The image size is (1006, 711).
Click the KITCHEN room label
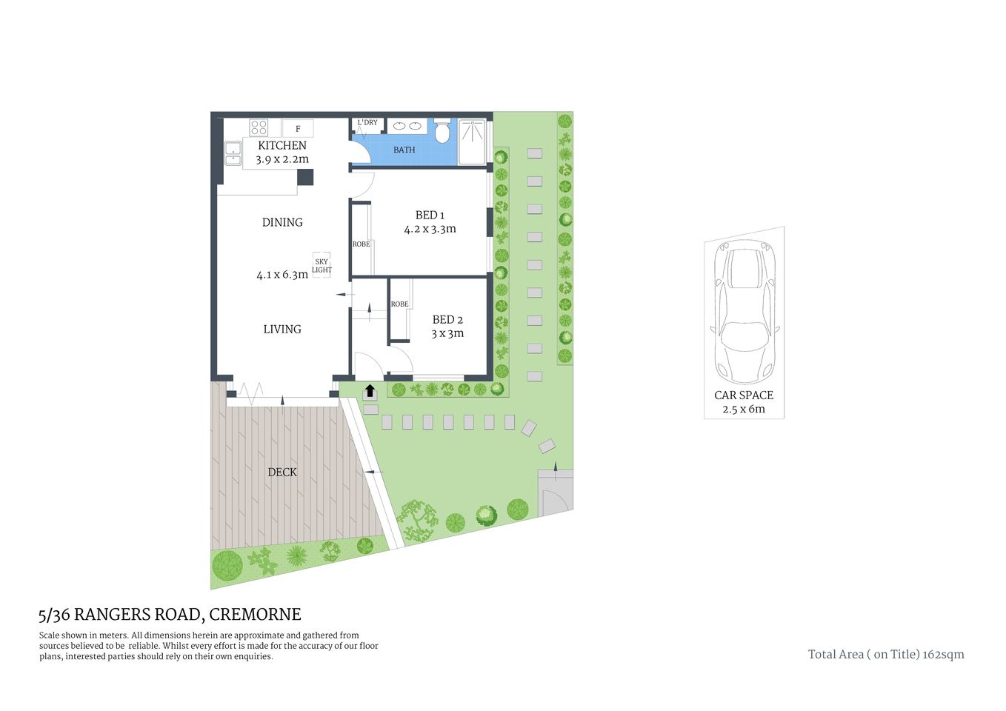282,146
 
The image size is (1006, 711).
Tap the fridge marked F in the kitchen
298,129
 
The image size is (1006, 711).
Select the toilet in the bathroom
442,133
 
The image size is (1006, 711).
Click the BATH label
404,150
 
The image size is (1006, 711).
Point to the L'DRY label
367,123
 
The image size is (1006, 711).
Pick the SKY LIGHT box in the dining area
322,266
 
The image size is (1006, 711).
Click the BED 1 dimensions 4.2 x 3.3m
430,230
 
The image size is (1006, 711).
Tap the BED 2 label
447,320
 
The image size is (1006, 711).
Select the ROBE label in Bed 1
361,244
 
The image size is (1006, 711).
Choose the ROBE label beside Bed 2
399,304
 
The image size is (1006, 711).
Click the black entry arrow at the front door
369,391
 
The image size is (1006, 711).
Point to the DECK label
282,473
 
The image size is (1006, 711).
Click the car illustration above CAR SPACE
744,311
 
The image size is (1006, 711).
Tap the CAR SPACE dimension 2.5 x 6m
743,409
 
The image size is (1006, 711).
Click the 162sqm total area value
944,655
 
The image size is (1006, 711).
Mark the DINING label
282,222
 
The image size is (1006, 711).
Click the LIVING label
282,330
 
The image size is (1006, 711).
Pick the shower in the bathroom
473,141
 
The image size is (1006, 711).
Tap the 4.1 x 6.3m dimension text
282,275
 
